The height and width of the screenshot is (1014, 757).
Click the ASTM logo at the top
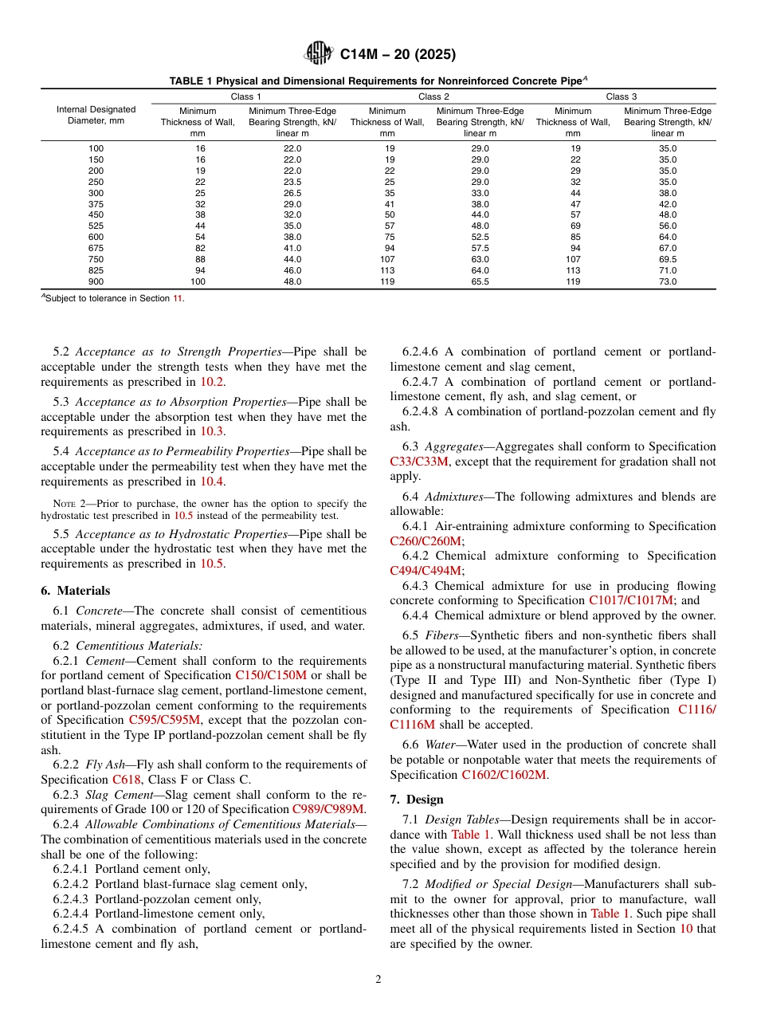coord(319,54)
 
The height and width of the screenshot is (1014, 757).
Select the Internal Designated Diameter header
coord(96,115)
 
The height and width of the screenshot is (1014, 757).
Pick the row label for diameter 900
coord(96,281)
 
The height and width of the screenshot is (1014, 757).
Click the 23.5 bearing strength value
coord(292,182)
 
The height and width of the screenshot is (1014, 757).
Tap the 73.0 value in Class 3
coord(667,281)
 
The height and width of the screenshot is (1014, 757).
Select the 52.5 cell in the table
coord(480,237)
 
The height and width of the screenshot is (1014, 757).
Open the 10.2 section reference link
coord(211,382)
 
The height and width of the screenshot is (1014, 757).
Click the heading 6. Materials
coord(76,591)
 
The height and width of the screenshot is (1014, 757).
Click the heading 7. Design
coord(417,800)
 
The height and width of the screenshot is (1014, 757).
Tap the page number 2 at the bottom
coord(378,980)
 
